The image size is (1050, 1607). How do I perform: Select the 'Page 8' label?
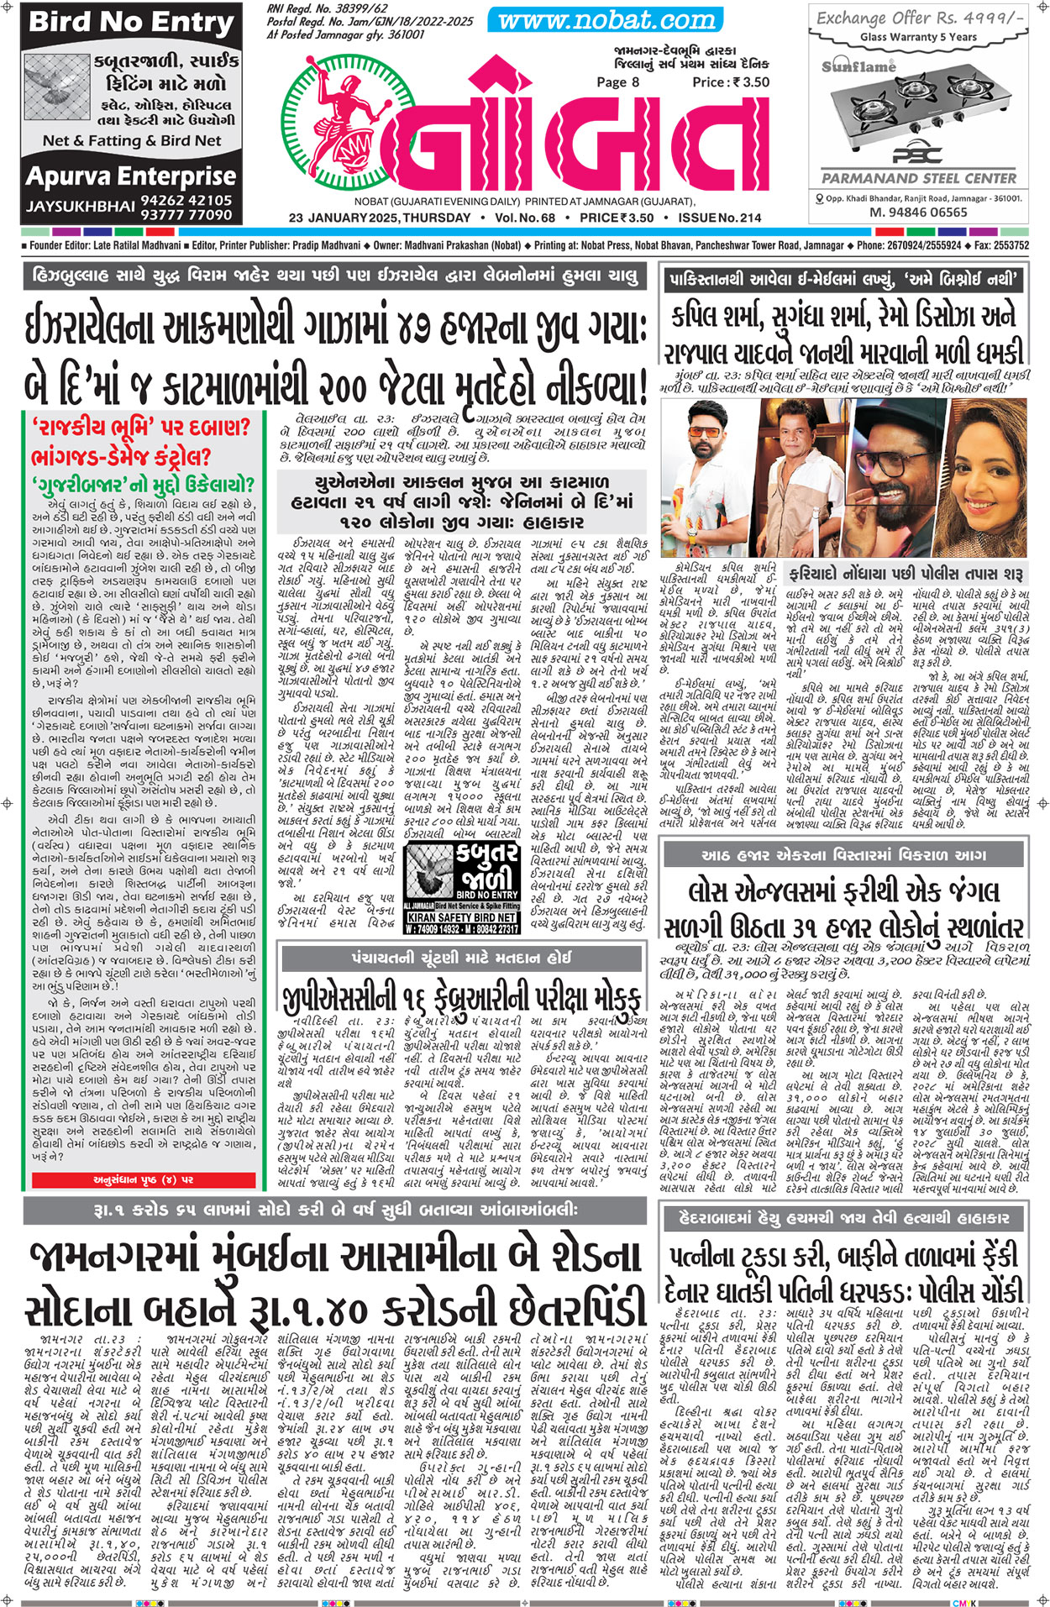tap(617, 82)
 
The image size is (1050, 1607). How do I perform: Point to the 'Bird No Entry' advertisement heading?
tap(131, 23)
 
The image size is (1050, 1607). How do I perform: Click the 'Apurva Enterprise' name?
tap(131, 176)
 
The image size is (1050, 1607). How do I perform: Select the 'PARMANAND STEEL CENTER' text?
tap(919, 178)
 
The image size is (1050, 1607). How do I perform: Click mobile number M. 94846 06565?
tap(918, 213)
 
